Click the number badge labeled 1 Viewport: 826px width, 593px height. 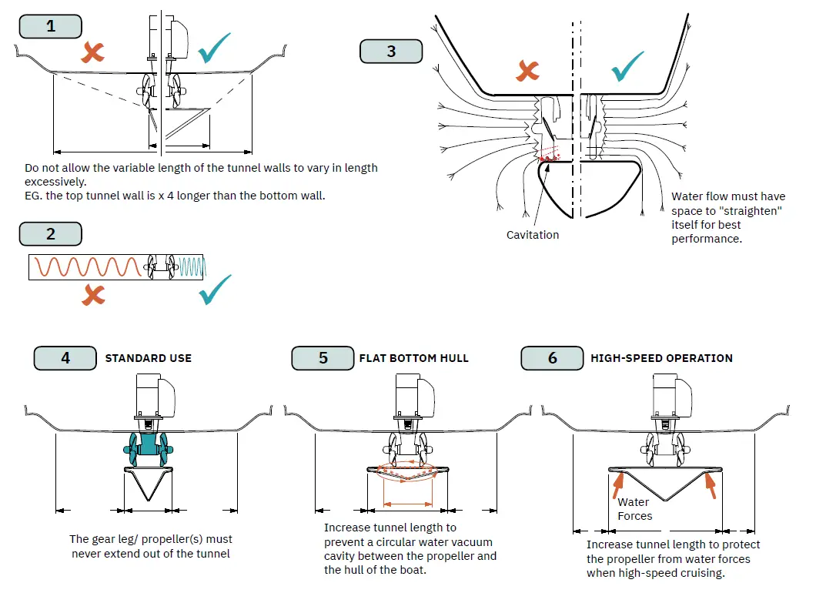click(x=51, y=26)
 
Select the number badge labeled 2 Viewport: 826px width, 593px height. click(x=51, y=234)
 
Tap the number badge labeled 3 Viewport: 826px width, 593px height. click(x=391, y=52)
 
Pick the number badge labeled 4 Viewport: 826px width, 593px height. click(x=65, y=358)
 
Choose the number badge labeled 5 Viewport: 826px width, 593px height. click(x=323, y=358)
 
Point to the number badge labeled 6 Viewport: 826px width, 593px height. click(x=552, y=358)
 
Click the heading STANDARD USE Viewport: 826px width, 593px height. click(x=149, y=358)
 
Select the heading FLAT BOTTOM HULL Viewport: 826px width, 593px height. click(x=413, y=358)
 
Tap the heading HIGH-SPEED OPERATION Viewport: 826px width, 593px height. click(x=661, y=358)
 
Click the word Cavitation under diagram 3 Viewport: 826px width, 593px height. click(x=533, y=234)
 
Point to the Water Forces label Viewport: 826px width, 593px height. click(x=634, y=509)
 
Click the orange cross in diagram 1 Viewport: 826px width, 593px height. click(x=94, y=52)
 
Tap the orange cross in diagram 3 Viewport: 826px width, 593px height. click(x=527, y=72)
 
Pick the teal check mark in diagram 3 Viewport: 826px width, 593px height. click(x=628, y=67)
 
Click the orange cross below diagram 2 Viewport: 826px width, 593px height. click(x=94, y=294)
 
